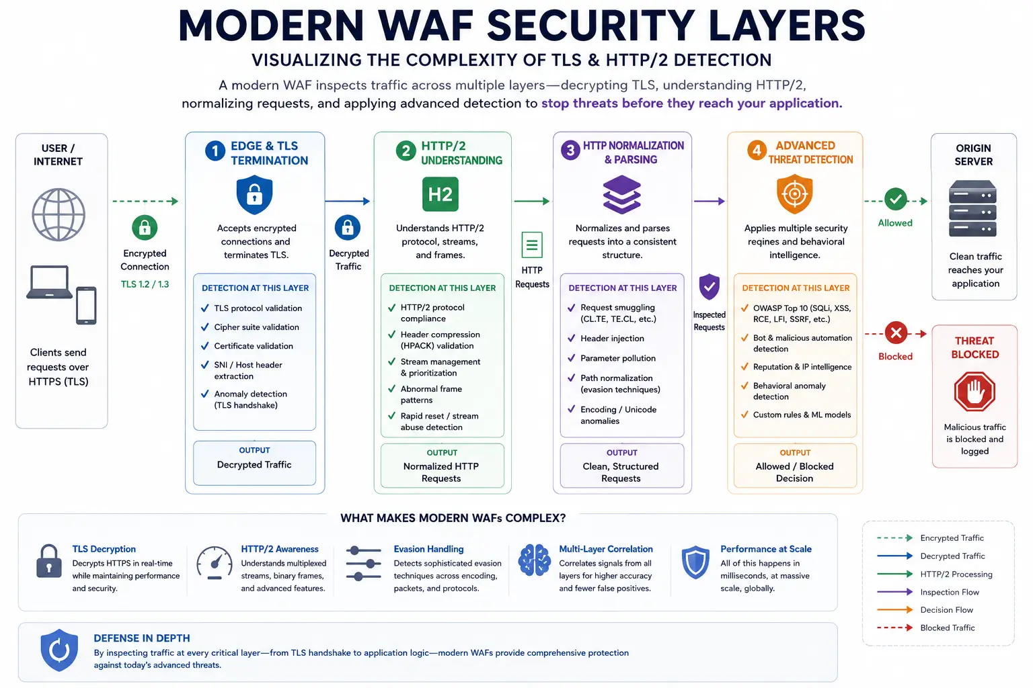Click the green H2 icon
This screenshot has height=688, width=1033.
(440, 194)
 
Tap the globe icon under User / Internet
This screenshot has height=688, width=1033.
(59, 214)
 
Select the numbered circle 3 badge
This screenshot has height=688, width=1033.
(570, 150)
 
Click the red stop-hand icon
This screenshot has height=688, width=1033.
(974, 391)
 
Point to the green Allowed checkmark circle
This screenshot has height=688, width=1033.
(896, 199)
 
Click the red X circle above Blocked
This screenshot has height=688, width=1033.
(896, 333)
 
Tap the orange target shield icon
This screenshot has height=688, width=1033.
(794, 194)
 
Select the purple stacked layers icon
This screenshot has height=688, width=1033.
(621, 194)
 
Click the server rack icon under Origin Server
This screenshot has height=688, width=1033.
(972, 208)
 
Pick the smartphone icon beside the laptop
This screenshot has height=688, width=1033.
(86, 305)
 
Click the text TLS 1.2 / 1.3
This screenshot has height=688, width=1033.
(145, 284)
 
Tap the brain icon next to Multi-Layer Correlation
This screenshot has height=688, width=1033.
(534, 560)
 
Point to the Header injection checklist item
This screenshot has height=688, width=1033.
(605, 338)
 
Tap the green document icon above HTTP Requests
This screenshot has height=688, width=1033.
(532, 245)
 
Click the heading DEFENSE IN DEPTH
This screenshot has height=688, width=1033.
(142, 638)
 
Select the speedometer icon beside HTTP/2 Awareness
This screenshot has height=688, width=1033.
(215, 562)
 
